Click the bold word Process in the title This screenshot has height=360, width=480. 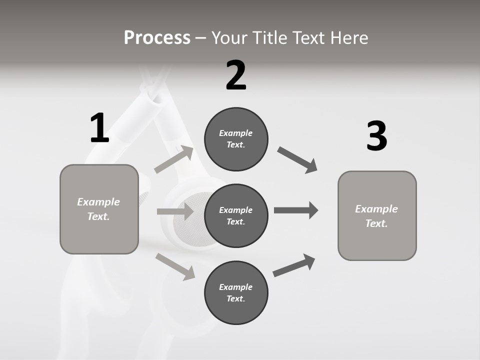click(157, 37)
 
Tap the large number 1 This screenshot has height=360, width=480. click(99, 128)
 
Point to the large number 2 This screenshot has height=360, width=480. click(236, 76)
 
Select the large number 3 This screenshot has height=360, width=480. click(376, 136)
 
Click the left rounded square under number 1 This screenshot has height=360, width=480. click(99, 209)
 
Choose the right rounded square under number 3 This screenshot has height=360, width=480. click(377, 216)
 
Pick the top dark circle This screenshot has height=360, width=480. click(236, 139)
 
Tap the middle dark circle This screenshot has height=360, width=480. click(236, 216)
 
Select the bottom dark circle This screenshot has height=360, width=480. click(236, 293)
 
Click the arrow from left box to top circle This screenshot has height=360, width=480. click(174, 159)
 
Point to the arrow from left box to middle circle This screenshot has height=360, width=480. click(175, 211)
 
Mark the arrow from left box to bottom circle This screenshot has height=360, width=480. click(175, 266)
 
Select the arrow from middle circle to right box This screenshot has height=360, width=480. click(296, 210)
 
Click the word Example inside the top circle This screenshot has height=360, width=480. click(235, 133)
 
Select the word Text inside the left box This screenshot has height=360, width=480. click(98, 216)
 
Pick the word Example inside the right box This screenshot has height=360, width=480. click(376, 209)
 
